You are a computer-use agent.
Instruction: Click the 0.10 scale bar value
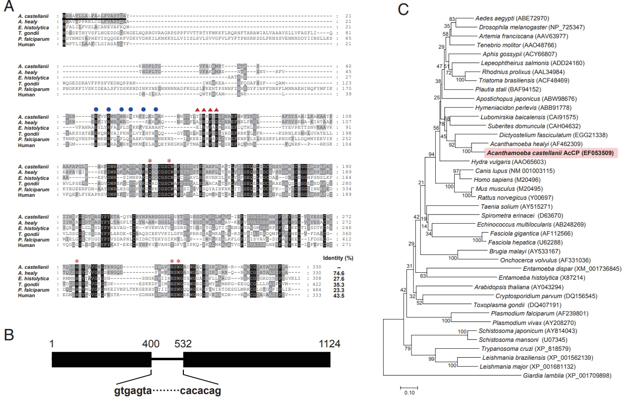coord(409,393)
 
